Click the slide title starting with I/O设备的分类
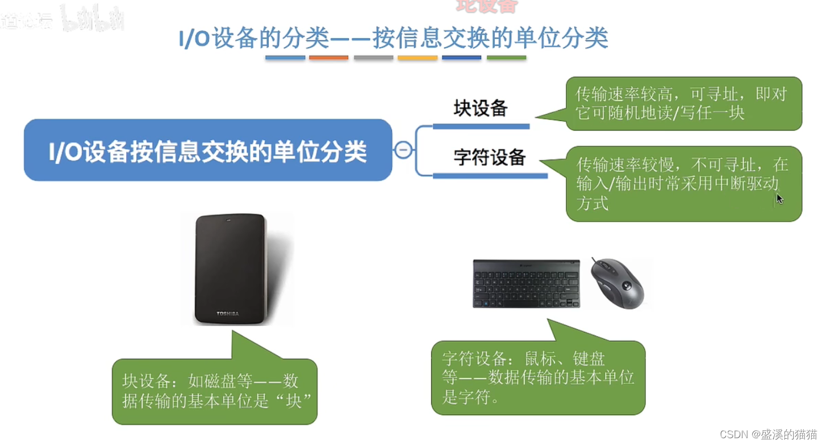[393, 38]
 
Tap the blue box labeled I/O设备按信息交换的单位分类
[208, 150]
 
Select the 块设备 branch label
[480, 108]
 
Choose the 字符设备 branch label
[489, 158]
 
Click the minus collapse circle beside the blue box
[403, 150]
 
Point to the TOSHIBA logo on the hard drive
[227, 313]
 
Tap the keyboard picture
[526, 284]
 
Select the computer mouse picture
[617, 283]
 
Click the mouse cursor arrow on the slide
[779, 199]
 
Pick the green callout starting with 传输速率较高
[684, 103]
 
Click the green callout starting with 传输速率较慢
[684, 184]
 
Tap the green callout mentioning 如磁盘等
[215, 391]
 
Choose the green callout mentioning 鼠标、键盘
[538, 377]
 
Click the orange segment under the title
[328, 58]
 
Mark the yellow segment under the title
[418, 58]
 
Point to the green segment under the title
[507, 58]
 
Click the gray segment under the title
[373, 58]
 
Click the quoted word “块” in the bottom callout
[293, 401]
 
